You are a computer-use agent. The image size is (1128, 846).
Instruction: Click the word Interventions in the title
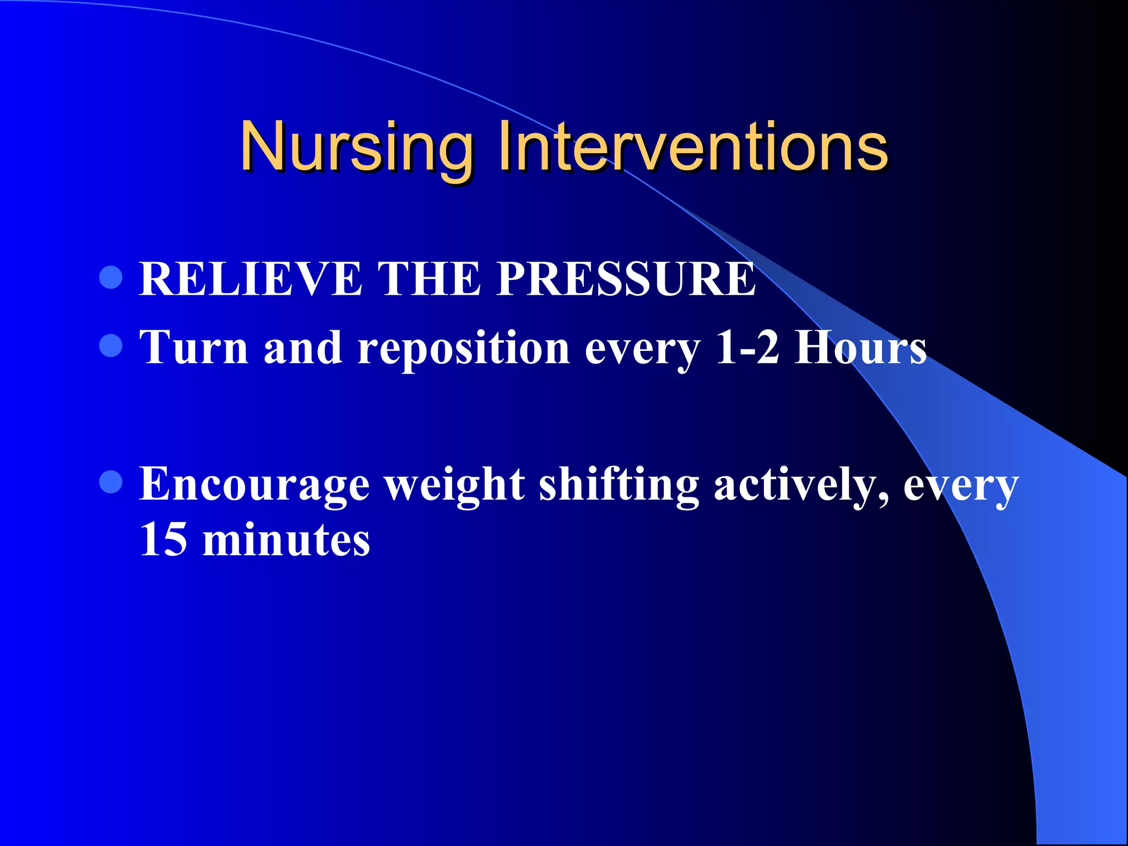[x=692, y=147]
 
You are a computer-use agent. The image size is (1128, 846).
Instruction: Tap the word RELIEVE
[x=251, y=279]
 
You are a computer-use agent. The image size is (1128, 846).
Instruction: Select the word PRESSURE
[x=626, y=279]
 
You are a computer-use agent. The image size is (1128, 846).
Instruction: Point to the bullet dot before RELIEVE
[x=111, y=277]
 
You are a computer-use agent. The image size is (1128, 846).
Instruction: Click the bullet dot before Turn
[x=111, y=346]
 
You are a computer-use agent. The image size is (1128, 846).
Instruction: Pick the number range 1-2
[x=747, y=348]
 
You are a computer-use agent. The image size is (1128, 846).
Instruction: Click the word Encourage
[x=254, y=485]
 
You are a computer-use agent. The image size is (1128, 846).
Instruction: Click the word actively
[x=800, y=485]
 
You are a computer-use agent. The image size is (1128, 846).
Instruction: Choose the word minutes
[x=286, y=540]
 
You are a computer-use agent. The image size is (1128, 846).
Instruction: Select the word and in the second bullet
[x=302, y=348]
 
